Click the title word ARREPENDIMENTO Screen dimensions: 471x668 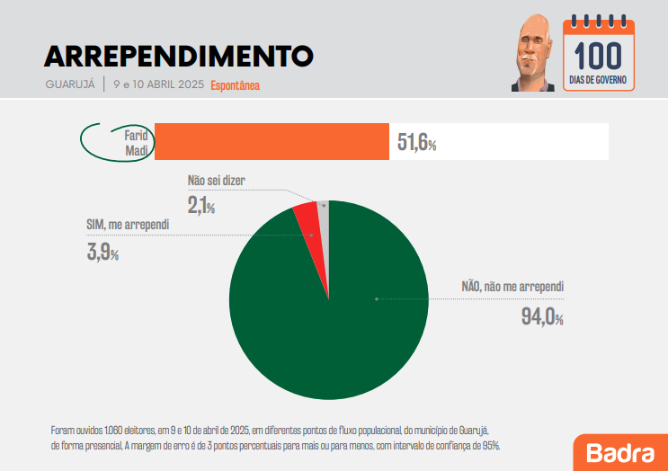[x=178, y=56]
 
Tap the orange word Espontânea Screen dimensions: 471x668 [x=235, y=86]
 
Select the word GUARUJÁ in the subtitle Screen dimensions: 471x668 [x=69, y=85]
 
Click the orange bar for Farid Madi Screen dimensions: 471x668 [x=272, y=142]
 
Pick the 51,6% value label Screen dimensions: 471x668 [x=416, y=143]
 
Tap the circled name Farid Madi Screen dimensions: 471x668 [x=136, y=142]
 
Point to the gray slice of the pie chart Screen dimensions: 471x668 [x=324, y=211]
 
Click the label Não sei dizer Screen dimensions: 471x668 [x=216, y=181]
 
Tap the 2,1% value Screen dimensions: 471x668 [x=201, y=206]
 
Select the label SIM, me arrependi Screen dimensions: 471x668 [x=128, y=224]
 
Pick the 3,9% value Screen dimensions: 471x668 [x=102, y=252]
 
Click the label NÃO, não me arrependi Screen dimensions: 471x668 [x=512, y=287]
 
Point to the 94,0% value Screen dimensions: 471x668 [x=542, y=316]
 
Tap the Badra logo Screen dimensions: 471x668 [x=619, y=451]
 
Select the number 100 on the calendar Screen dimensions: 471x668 [x=598, y=56]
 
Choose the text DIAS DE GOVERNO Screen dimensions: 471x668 [x=598, y=81]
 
